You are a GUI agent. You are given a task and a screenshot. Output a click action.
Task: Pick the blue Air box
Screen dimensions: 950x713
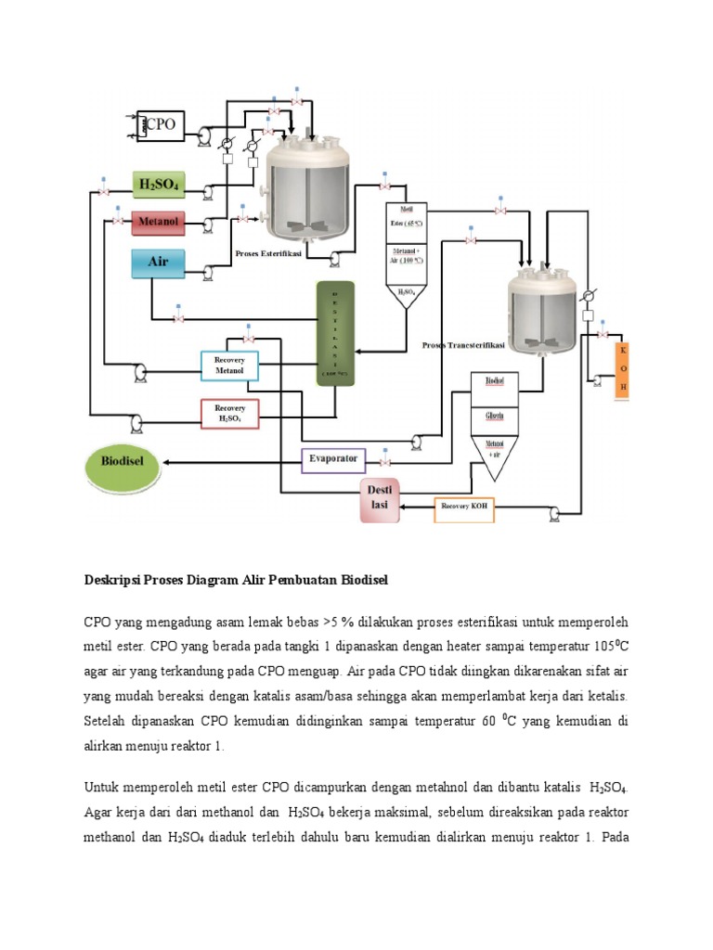tap(158, 263)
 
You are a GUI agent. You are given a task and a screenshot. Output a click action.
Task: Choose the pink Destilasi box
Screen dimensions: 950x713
tap(385, 500)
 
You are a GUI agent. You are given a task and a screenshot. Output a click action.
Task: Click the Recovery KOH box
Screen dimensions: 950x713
tap(466, 508)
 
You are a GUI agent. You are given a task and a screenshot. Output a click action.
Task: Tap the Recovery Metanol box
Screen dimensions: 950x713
tap(229, 366)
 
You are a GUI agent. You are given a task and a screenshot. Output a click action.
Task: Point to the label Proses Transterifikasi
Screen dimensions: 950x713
tap(463, 344)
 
